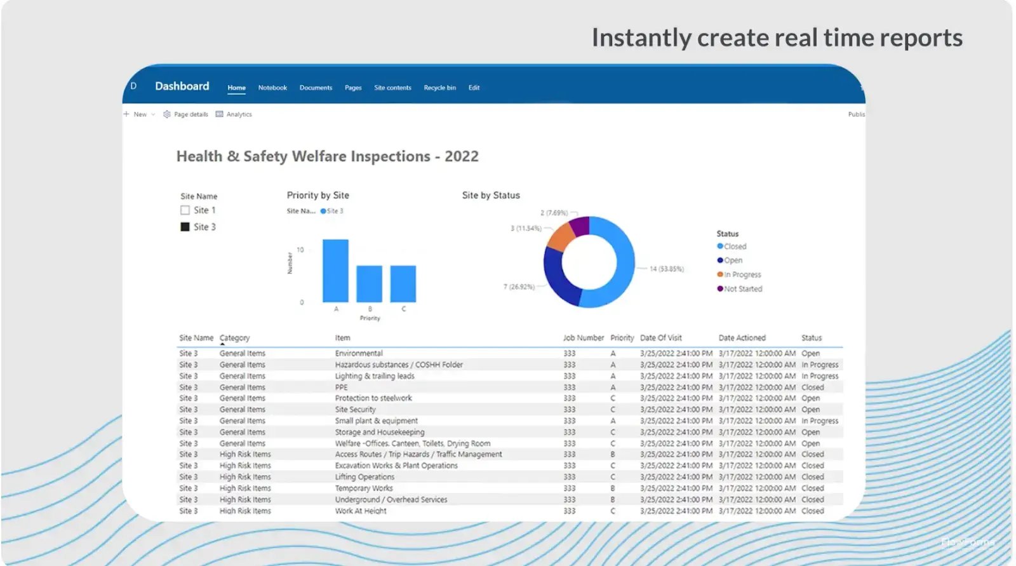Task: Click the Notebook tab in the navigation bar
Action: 272,88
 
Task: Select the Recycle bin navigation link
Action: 439,88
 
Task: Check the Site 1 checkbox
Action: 185,210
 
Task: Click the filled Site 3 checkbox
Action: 185,227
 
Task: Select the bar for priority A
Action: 335,271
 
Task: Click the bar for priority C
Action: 403,284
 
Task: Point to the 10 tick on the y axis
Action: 300,250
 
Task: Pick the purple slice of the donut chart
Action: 580,226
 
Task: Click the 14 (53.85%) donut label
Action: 667,269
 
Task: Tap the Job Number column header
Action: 583,338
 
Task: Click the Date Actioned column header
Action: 742,338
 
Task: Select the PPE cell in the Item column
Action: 342,387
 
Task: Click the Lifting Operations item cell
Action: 364,477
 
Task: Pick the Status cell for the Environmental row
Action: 810,353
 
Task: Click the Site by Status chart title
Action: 491,196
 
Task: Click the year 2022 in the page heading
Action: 462,156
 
